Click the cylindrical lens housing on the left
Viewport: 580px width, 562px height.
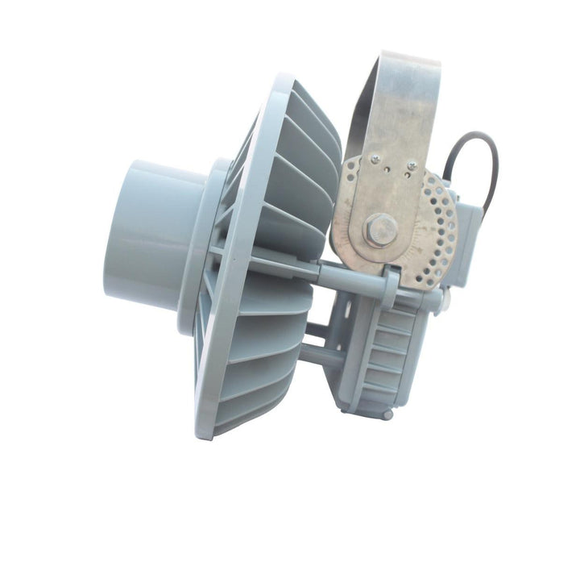(x=149, y=233)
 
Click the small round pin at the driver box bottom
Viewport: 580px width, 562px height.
(x=388, y=414)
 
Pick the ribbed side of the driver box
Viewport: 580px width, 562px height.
(x=387, y=355)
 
